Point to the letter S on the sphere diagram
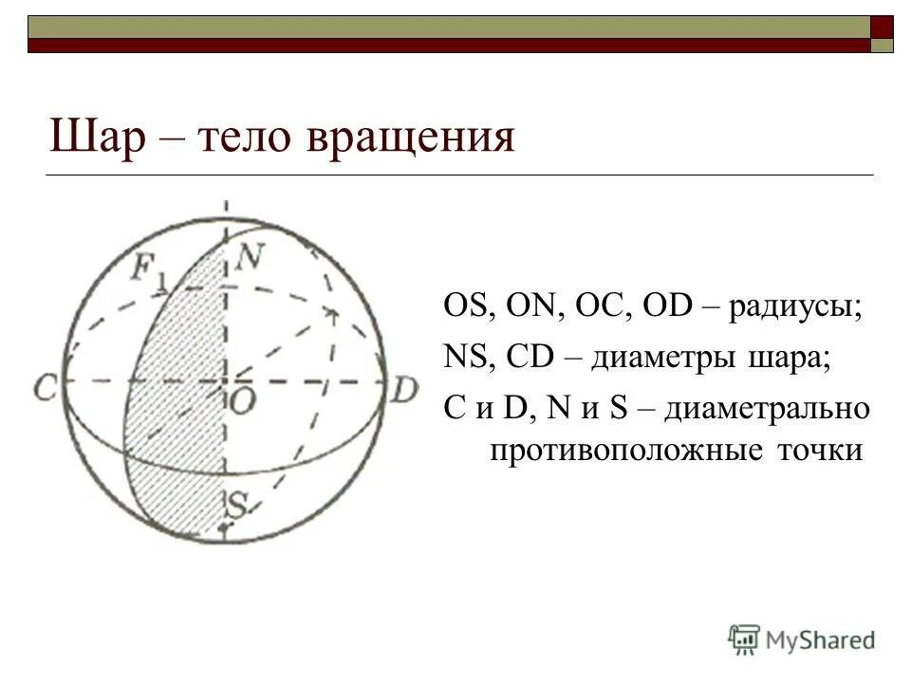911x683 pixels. (x=236, y=504)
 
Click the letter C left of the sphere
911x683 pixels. (x=45, y=386)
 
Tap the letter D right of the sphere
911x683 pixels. (x=405, y=389)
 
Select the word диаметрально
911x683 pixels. (x=766, y=410)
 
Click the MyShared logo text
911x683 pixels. (x=820, y=638)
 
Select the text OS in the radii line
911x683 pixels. (x=464, y=309)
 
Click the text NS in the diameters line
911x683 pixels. (x=463, y=360)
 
